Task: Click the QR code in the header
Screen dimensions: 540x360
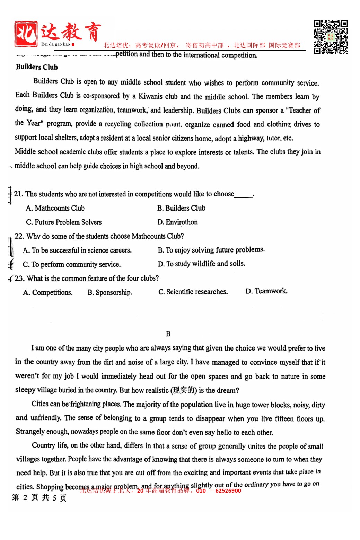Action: coord(331,37)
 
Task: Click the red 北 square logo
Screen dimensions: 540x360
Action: coord(26,34)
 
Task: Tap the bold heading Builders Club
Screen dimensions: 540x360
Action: coord(37,67)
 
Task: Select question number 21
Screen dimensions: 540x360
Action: coord(19,194)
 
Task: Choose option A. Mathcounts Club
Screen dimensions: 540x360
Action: coord(55,208)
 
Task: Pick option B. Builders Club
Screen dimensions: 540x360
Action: coord(181,208)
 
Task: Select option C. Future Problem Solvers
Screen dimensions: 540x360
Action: coord(64,222)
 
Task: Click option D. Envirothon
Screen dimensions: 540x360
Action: coord(177,222)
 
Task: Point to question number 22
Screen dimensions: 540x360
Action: coord(19,236)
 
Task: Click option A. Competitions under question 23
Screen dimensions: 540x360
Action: coord(48,292)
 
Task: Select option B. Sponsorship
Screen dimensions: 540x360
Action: coord(110,292)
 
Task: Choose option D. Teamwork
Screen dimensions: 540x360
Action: coord(266,291)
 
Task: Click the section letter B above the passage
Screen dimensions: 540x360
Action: coord(168,334)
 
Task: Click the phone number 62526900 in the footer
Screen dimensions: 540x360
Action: coord(228,490)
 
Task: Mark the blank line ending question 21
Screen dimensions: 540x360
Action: coord(244,195)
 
